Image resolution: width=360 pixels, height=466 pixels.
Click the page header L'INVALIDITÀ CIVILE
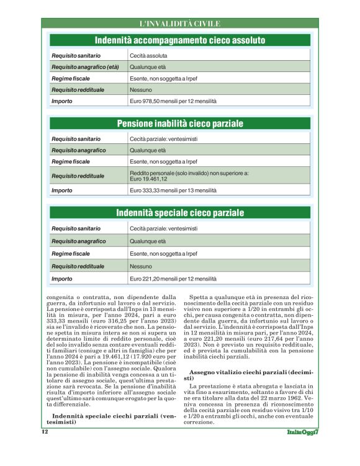[x=179, y=24]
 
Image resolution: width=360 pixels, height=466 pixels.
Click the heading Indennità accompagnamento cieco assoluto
[x=179, y=40]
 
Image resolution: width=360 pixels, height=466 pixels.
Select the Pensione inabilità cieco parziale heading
[x=179, y=123]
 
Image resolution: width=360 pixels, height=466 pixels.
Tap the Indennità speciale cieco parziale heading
[x=179, y=213]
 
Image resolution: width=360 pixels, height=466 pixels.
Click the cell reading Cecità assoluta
[x=148, y=56]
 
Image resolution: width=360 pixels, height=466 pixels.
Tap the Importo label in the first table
[x=61, y=101]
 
